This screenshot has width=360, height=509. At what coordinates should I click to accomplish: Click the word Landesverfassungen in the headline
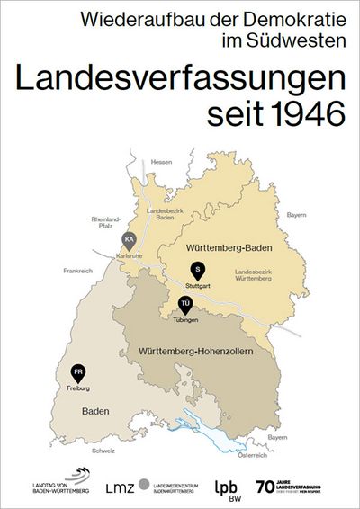(x=180, y=78)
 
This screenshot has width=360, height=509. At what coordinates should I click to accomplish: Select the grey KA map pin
(x=130, y=239)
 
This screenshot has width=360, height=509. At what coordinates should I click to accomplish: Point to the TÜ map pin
(x=185, y=304)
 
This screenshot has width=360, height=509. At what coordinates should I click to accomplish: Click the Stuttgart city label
(x=199, y=285)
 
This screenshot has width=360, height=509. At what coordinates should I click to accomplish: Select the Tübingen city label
(x=185, y=319)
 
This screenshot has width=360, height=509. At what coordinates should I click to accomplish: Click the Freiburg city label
(x=79, y=389)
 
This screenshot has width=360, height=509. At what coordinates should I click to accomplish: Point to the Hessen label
(x=161, y=162)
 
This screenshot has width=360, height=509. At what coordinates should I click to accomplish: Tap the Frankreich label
(x=79, y=270)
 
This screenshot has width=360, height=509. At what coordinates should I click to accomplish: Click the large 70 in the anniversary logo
(x=264, y=487)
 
